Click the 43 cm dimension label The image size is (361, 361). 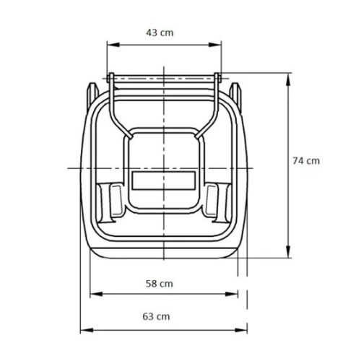coord(159,33)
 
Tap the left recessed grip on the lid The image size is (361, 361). coord(114,199)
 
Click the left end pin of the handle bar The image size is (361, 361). coord(108,78)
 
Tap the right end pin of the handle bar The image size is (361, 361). coord(219,78)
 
